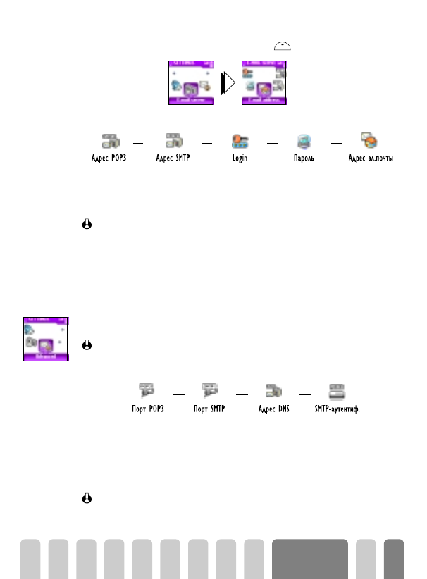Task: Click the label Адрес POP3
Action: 109,158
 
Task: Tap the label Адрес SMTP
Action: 174,158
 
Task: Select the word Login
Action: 240,158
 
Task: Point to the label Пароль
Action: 304,158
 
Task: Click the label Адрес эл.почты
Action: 371,158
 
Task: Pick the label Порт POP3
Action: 148,409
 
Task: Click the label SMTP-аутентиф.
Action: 337,409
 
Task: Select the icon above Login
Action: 240,140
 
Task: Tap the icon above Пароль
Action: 304,140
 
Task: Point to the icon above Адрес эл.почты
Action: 368,139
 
